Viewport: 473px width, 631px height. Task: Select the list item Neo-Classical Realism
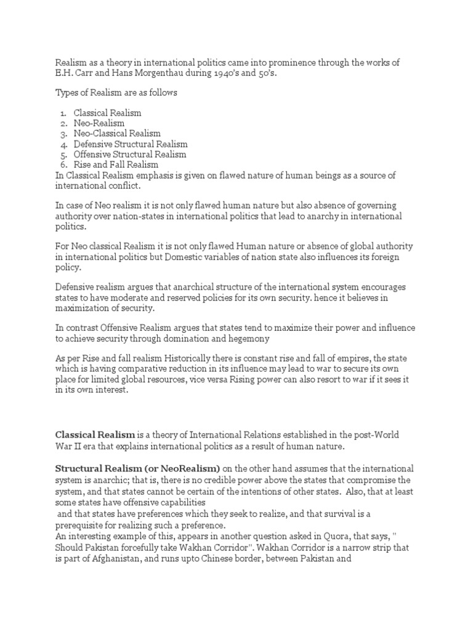117,133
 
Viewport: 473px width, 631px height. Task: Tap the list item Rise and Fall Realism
116,165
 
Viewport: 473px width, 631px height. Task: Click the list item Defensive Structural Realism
131,144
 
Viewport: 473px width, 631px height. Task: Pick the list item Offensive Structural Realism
130,154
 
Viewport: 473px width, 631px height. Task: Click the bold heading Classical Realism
95,436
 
